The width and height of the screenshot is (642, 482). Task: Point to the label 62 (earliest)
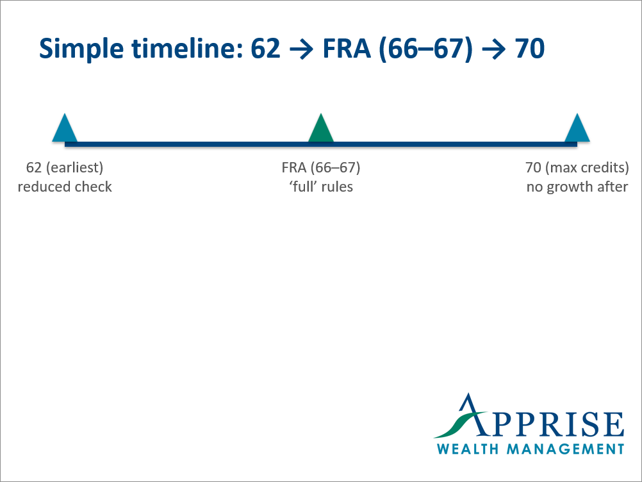tap(64, 168)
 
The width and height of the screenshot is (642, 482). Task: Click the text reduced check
tap(64, 187)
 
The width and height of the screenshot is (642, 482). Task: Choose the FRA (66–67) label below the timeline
tap(320, 168)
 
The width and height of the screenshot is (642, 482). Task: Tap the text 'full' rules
tap(320, 187)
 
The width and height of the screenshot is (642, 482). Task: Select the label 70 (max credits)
tap(577, 168)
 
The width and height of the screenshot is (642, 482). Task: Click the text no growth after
tap(577, 187)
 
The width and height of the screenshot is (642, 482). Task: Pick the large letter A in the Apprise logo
tap(474, 417)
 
